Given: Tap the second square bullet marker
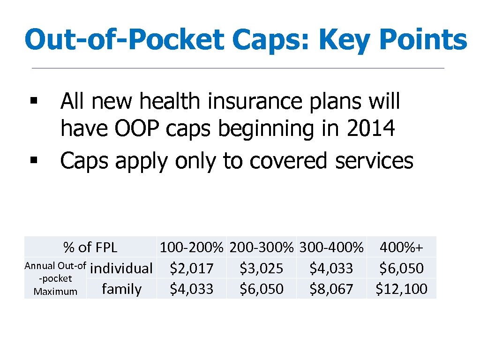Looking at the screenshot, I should coord(33,161).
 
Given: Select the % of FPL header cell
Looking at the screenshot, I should coord(90,247).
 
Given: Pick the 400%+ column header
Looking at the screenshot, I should coord(402,247).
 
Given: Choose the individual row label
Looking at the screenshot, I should coord(121,269).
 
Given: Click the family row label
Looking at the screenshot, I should coord(121,289).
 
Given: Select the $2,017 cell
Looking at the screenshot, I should coord(191,269).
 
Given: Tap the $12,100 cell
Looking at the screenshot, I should coord(402,289).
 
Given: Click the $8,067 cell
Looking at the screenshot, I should coord(331,289).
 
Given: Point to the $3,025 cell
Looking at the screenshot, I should coord(261,269).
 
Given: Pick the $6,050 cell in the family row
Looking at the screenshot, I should coord(261,289).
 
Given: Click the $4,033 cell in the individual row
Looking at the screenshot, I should coord(331,269).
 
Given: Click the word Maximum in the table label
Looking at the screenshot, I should coord(55,292).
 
